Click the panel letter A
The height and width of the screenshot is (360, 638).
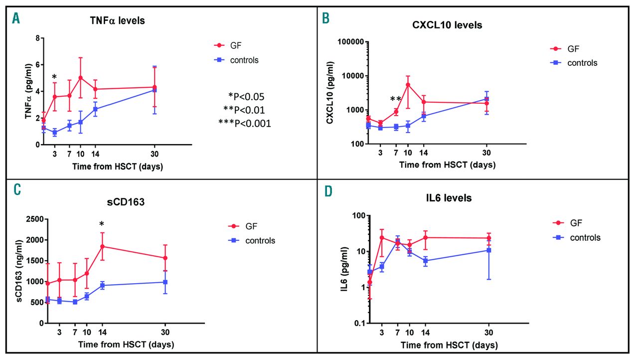pos(16,19)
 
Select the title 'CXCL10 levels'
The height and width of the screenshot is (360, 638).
pos(447,25)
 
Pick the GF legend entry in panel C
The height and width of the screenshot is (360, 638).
pos(251,226)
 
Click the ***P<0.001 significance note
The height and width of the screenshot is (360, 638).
pos(245,123)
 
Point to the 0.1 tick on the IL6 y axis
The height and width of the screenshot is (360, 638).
pos(357,323)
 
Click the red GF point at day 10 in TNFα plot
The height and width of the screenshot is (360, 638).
pos(80,78)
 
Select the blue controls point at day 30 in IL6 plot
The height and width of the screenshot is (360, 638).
pos(489,250)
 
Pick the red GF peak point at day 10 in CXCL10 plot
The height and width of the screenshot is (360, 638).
pos(408,85)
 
